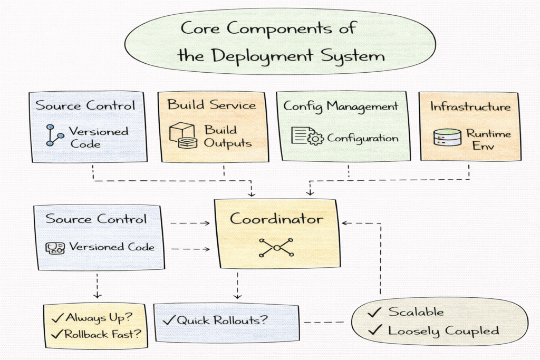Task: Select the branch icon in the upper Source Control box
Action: pyautogui.click(x=55, y=135)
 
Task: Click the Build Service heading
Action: pyautogui.click(x=212, y=104)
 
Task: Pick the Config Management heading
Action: pyautogui.click(x=341, y=106)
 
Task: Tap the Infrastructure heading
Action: pyautogui.click(x=470, y=106)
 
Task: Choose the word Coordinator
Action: pyautogui.click(x=276, y=219)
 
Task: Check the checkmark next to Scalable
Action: pyautogui.click(x=374, y=312)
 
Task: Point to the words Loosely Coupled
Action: pyautogui.click(x=443, y=330)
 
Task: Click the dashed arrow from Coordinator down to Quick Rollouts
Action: pyautogui.click(x=238, y=285)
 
